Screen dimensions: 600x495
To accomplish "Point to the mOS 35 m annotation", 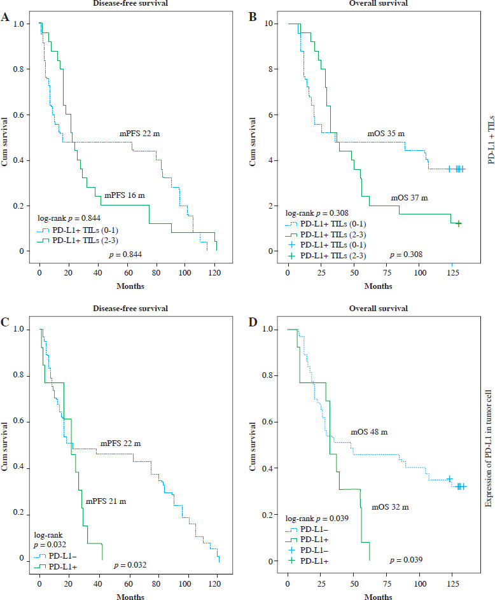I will tap(386, 134).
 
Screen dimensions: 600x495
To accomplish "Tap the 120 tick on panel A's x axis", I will tap(216, 262).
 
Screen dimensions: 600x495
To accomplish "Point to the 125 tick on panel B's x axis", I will tap(454, 262).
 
